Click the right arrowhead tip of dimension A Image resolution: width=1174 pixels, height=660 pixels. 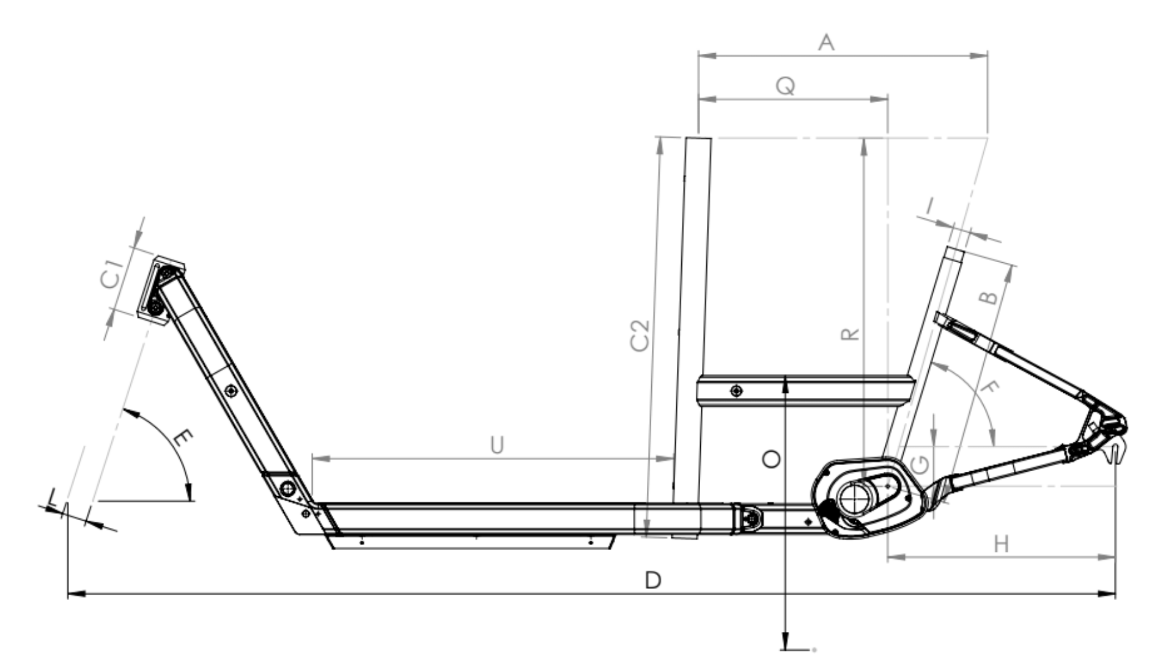tap(987, 56)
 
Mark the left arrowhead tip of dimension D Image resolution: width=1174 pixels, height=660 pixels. tap(67, 593)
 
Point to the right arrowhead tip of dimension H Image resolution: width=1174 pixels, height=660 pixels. tap(1115, 557)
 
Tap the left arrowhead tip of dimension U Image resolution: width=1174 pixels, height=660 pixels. tap(312, 458)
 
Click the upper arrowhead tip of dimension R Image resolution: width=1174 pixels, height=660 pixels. tap(863, 138)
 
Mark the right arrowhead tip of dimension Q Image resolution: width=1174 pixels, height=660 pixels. tap(887, 98)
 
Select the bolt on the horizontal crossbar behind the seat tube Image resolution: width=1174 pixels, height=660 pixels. tap(737, 391)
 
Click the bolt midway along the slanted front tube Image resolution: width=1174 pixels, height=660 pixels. tap(231, 391)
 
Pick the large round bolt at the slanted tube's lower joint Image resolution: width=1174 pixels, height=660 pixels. tap(287, 489)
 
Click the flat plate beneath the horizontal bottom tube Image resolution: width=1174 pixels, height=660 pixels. tap(473, 542)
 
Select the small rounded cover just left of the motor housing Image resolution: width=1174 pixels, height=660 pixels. tap(751, 519)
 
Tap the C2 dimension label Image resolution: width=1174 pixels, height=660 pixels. tap(640, 335)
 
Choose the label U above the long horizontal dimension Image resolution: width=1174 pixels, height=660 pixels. tap(497, 446)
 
